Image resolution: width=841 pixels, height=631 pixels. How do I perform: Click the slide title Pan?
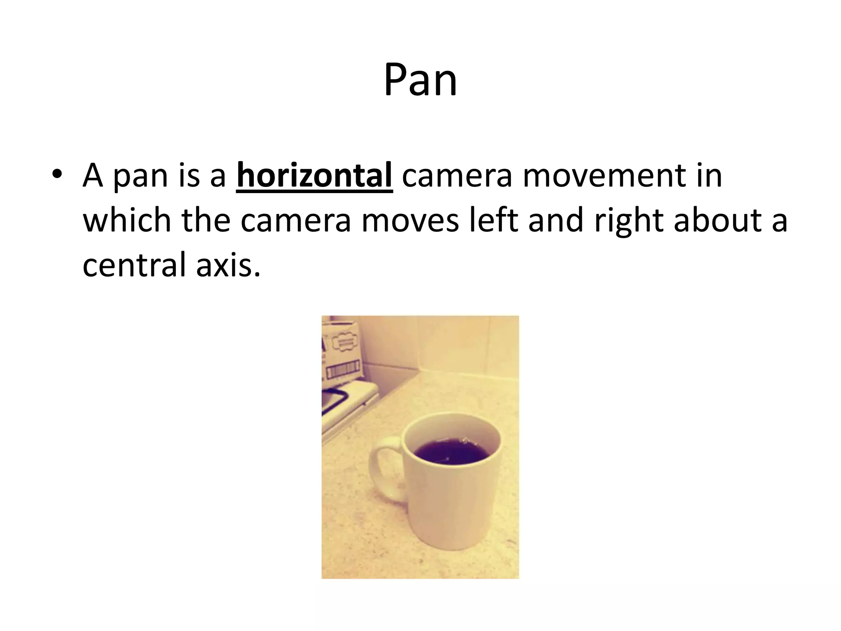tap(420, 80)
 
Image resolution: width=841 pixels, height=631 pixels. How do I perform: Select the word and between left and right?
tap(556, 221)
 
